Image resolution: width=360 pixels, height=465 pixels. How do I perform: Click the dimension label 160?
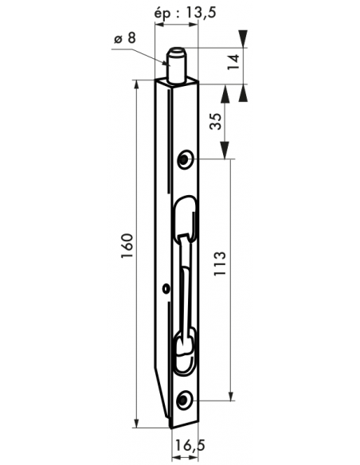coord(127,245)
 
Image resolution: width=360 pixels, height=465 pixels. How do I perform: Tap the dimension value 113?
coord(220,264)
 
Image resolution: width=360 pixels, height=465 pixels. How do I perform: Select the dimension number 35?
coord(216,121)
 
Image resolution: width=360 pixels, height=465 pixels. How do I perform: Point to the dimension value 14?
coord(233,61)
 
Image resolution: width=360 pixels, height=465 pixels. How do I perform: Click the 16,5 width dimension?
coord(190,445)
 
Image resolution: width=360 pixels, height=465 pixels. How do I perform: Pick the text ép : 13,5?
coord(186,14)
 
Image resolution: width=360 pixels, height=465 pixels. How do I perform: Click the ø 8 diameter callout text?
coord(125,38)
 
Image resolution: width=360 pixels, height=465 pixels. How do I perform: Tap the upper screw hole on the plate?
coord(185,159)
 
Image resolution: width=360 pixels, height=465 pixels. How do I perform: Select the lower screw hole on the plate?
coord(185,401)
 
